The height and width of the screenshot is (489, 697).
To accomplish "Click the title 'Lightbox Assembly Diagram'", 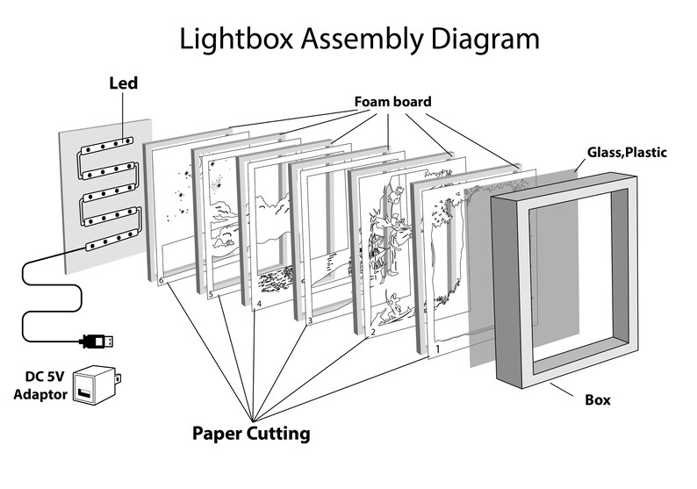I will (359, 39).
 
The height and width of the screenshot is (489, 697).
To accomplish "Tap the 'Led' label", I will (123, 84).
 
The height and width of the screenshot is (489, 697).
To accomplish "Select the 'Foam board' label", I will (392, 102).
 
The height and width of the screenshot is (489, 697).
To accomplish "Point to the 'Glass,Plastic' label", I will (627, 152).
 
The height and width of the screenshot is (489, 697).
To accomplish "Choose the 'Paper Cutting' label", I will (251, 433).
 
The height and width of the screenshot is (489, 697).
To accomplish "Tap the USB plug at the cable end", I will (98, 340).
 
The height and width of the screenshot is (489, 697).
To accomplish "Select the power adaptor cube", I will (96, 385).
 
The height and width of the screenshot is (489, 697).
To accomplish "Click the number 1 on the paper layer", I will (437, 349).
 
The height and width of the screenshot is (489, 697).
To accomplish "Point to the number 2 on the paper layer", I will (372, 334).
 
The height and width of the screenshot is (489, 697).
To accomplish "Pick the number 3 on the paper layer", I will (310, 321).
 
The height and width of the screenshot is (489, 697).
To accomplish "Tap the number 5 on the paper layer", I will (211, 294).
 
